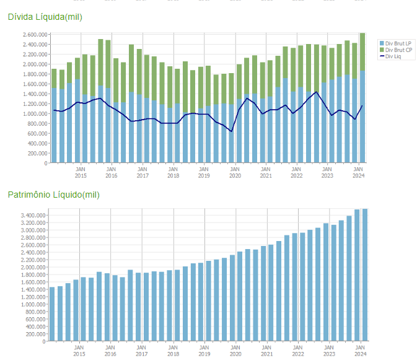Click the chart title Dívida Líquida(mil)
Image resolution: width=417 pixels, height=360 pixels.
[x=45, y=17]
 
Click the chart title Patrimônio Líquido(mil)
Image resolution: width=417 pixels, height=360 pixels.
[x=53, y=195]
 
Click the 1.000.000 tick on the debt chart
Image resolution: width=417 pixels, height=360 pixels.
[x=35, y=114]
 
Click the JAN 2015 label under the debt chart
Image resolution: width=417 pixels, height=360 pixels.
[x=81, y=172]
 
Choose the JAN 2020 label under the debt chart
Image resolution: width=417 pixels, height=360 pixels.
[x=235, y=172]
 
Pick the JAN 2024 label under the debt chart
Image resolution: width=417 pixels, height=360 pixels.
[x=358, y=172]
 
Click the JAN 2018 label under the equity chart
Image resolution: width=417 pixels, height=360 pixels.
[x=173, y=351]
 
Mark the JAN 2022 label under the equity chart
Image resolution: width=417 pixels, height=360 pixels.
[x=297, y=351]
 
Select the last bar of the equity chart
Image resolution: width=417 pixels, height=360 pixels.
[x=364, y=276]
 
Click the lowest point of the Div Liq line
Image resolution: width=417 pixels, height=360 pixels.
[x=231, y=131]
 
